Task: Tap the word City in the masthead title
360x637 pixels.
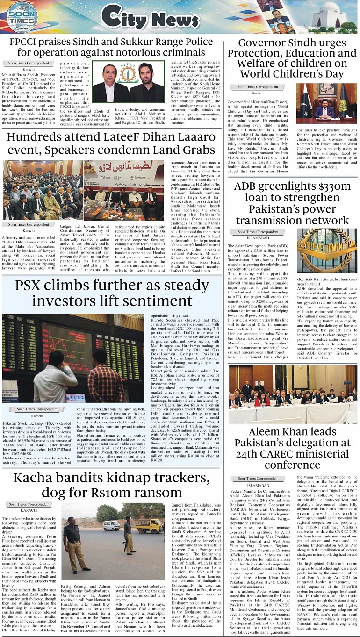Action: [122, 18]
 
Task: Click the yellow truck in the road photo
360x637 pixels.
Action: [149, 525]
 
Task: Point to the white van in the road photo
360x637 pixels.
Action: [111, 525]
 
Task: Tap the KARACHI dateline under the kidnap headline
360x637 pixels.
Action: [29, 511]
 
